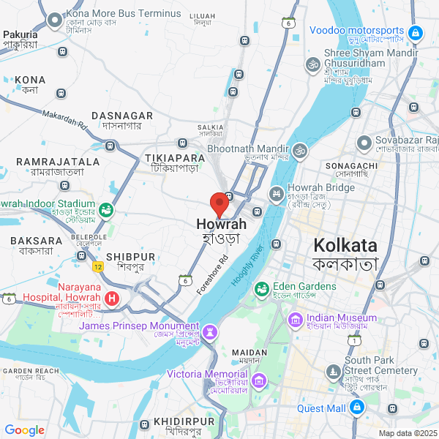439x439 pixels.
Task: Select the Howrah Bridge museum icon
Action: [277, 194]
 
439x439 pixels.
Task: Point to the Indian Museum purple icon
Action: [296, 319]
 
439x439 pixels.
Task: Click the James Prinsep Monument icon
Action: [210, 332]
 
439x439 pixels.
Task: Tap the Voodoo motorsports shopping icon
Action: [415, 32]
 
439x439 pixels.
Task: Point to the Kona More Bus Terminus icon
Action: [55, 20]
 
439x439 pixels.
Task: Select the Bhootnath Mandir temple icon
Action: [299, 150]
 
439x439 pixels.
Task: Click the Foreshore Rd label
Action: [213, 274]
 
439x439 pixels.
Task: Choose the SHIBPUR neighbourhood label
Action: [130, 257]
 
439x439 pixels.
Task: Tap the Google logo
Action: [25, 430]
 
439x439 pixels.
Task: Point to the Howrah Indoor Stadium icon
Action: [106, 211]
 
